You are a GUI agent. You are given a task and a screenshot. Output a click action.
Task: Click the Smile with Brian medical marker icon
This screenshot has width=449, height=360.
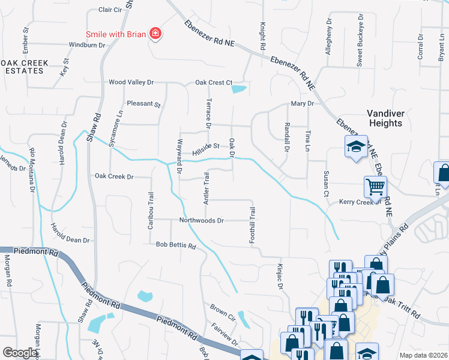[x=155, y=34]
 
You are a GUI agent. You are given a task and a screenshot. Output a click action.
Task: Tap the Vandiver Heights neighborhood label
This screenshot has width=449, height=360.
[x=384, y=118]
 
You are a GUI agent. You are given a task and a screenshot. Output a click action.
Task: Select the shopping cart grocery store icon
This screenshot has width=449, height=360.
[x=375, y=187]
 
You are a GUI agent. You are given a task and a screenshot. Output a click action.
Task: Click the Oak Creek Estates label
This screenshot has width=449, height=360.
[x=22, y=66]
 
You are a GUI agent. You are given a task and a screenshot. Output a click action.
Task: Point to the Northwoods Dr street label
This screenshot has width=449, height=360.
[x=201, y=220]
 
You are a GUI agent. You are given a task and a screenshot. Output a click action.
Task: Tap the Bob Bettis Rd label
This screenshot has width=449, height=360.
[x=176, y=245]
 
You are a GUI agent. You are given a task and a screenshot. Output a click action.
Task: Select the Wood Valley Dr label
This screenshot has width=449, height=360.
[x=131, y=82]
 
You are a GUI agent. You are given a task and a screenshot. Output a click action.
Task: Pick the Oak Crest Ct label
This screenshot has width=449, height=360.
[x=213, y=82]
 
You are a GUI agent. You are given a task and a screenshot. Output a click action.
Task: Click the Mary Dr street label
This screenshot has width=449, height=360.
[x=303, y=103]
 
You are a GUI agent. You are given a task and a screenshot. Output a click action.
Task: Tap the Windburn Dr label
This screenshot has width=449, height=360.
[x=87, y=45]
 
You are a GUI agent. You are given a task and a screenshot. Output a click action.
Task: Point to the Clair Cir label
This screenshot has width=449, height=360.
[x=110, y=10]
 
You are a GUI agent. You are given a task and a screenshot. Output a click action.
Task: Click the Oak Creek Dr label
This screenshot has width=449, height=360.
[x=114, y=176]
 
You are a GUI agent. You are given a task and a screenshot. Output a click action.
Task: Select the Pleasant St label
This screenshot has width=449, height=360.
[x=144, y=104]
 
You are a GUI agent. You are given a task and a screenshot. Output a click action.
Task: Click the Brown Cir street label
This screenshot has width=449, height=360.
[x=221, y=311]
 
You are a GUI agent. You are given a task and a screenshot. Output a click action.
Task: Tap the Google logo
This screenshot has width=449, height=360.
[x=20, y=353]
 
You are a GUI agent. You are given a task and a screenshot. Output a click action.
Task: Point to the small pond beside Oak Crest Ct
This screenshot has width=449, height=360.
[x=239, y=89]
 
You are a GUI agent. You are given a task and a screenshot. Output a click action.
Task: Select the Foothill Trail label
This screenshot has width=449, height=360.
[x=253, y=225]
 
